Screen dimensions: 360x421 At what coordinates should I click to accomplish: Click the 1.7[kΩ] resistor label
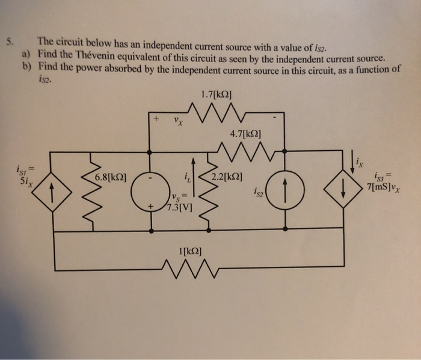pos(215,94)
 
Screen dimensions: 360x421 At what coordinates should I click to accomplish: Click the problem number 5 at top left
pos(8,42)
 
